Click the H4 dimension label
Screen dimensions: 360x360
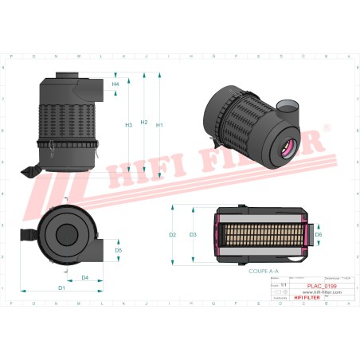click(115, 84)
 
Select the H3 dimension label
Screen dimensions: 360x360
click(128, 125)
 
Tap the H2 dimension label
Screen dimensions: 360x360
click(144, 122)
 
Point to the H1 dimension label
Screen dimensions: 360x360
click(159, 125)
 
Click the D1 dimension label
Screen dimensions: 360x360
click(61, 286)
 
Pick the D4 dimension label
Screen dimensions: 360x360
click(85, 277)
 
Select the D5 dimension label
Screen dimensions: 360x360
click(118, 250)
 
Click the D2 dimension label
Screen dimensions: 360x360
click(172, 235)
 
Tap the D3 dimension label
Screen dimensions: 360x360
click(193, 235)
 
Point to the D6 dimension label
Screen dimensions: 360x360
click(318, 235)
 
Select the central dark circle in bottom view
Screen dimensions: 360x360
click(63, 234)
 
